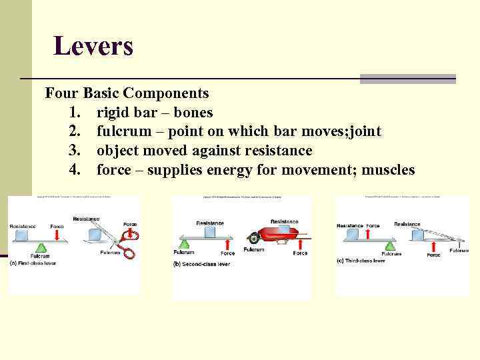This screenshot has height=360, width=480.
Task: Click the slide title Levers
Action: click(93, 46)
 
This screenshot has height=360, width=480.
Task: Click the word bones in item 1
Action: click(193, 113)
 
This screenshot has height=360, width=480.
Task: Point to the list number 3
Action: click(75, 151)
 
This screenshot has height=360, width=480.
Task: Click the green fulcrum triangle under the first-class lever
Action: click(40, 247)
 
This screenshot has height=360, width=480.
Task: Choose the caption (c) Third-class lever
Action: click(361, 261)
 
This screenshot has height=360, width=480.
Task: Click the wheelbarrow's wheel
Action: click(253, 238)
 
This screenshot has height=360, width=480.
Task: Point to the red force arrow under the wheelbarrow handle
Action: click(300, 245)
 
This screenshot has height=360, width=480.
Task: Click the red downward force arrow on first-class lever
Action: click(57, 235)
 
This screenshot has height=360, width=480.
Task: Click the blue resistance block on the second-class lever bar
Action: click(211, 232)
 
